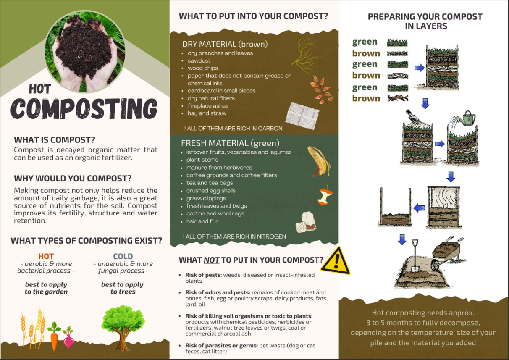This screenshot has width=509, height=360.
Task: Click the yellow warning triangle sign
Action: point(336,261)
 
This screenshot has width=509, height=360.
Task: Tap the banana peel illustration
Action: point(319,162)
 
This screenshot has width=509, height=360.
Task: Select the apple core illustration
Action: point(325,196)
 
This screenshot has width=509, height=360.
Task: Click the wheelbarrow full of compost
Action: point(446,253)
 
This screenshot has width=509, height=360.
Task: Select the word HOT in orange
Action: point(46,256)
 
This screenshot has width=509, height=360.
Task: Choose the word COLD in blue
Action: point(123,256)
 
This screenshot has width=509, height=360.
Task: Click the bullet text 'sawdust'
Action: point(199,60)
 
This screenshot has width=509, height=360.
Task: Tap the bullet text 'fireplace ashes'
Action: point(208,106)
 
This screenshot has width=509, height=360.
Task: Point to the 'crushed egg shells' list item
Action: point(211,191)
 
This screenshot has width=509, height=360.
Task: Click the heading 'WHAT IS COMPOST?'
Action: point(55,140)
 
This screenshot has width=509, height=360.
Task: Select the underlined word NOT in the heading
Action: point(211,260)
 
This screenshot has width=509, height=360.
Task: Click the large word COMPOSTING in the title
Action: point(84,109)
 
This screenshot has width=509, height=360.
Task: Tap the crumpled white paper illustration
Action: point(302,116)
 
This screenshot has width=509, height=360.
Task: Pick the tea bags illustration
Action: point(306,222)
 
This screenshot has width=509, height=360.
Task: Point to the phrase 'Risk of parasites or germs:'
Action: point(222,346)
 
